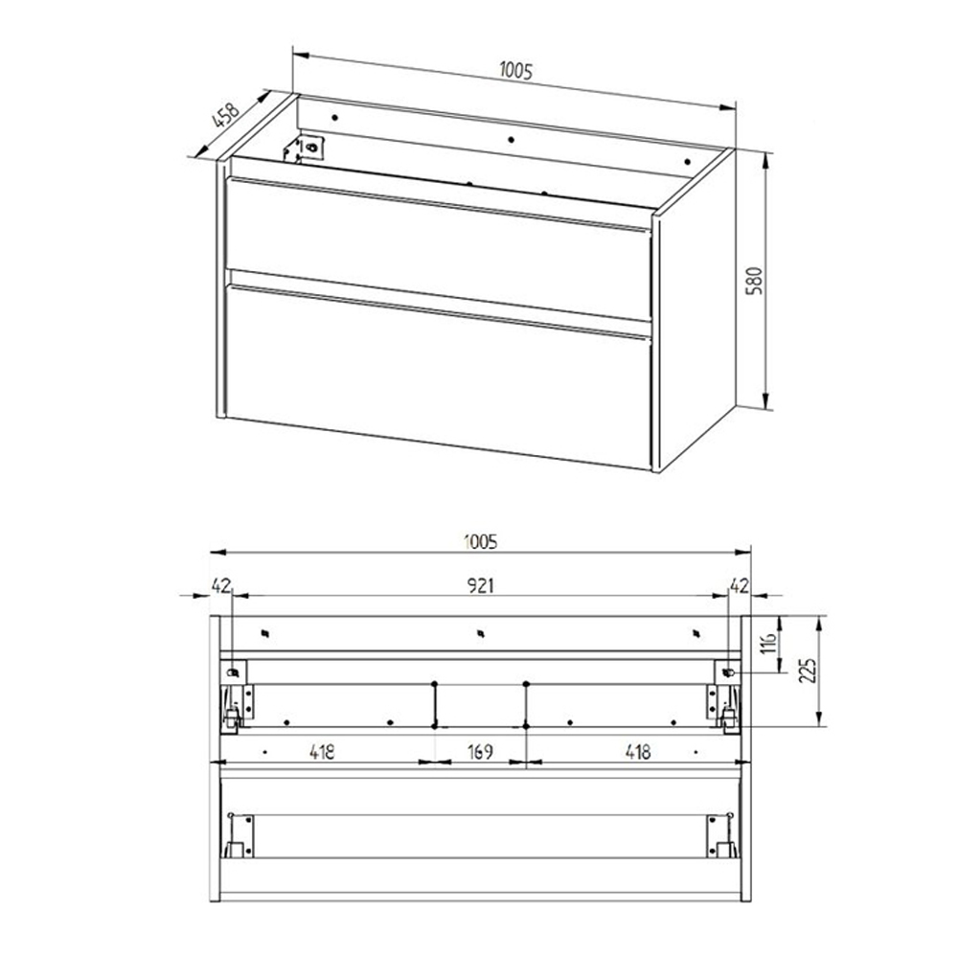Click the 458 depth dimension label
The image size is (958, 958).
tap(225, 116)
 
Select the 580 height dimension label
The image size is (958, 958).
tap(755, 281)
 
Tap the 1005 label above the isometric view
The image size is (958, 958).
tap(516, 71)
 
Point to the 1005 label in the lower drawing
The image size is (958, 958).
tap(481, 541)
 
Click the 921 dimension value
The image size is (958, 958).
tap(481, 586)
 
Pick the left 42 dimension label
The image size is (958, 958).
tap(221, 586)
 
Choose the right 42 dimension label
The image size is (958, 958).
tap(740, 586)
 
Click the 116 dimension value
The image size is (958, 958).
tap(769, 643)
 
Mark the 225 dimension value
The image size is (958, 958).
tap(809, 673)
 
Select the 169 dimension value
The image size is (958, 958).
tap(480, 751)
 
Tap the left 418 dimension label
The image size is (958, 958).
tap(322, 751)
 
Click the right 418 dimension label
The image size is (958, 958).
tap(637, 751)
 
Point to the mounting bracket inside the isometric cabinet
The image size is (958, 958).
tap(305, 149)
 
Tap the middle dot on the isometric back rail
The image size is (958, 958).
tap(511, 139)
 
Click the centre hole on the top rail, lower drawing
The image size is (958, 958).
tap(481, 633)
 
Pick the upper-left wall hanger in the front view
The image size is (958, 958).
tap(234, 673)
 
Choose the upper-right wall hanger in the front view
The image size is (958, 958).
tap(727, 673)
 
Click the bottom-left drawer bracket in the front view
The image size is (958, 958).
tap(239, 835)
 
